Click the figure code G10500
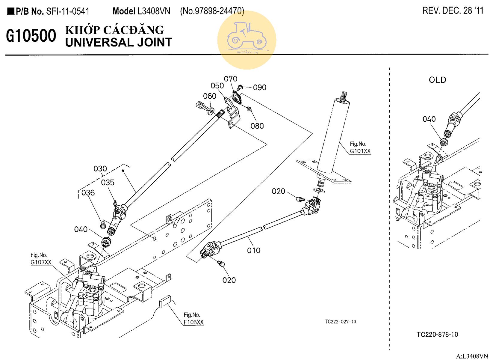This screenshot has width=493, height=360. [31, 36]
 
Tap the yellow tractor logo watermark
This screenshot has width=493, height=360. [246, 40]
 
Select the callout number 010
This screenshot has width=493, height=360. [254, 250]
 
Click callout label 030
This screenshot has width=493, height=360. [100, 169]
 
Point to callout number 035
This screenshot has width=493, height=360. [108, 183]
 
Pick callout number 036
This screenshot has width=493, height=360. [88, 193]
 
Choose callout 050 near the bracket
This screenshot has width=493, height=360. [217, 86]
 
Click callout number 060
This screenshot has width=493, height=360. [210, 96]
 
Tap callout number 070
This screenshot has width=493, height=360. [231, 79]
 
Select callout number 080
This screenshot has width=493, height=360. [257, 126]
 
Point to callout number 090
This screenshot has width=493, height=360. [259, 88]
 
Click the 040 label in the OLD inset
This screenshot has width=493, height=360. [429, 119]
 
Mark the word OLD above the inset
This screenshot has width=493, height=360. [437, 80]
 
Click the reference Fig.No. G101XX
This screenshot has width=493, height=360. [360, 148]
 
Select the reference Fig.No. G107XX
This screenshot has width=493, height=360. [41, 259]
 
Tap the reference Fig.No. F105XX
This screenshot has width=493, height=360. [193, 319]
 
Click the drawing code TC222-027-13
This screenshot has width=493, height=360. [341, 322]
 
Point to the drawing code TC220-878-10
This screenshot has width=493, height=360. [437, 335]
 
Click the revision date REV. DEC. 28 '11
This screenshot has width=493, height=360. [453, 10]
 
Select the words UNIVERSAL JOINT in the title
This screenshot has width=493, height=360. [119, 43]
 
